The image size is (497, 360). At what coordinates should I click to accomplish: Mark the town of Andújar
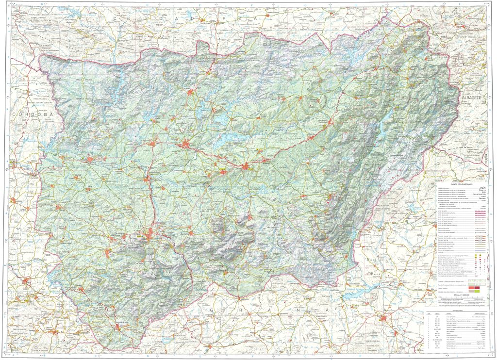tap(91, 159)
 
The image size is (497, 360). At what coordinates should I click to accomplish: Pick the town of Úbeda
tap(246, 167)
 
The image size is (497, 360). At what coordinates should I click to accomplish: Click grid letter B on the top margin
tap(43, 3)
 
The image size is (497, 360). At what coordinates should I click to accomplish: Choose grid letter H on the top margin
tap(357, 3)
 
